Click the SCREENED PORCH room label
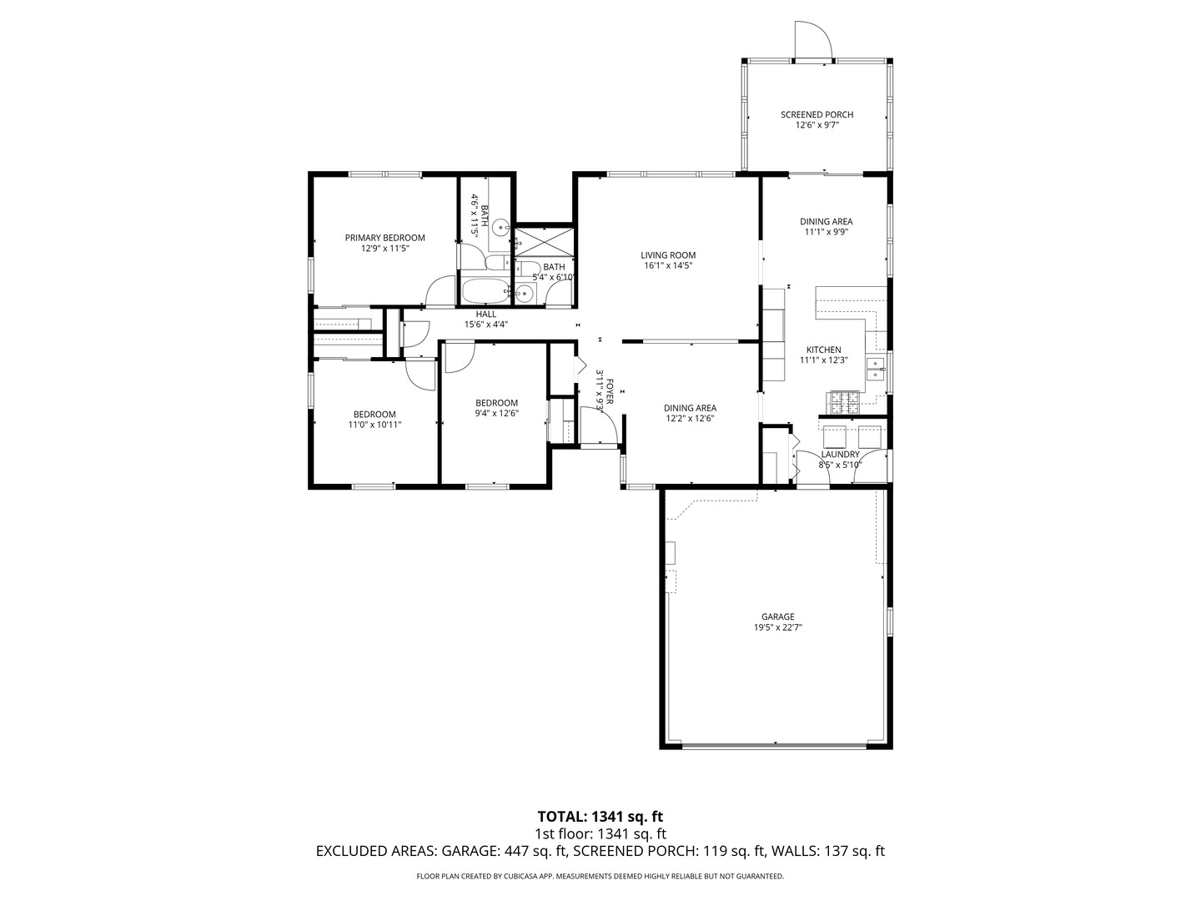click(x=817, y=114)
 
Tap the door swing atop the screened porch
click(x=812, y=41)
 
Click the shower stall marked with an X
click(x=543, y=243)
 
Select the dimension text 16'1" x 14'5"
click(x=668, y=266)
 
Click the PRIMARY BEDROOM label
click(x=384, y=238)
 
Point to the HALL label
click(x=485, y=315)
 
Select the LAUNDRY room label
click(x=840, y=455)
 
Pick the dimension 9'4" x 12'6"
click(x=496, y=413)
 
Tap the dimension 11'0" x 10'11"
click(x=374, y=425)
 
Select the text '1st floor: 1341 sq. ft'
click(x=600, y=833)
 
